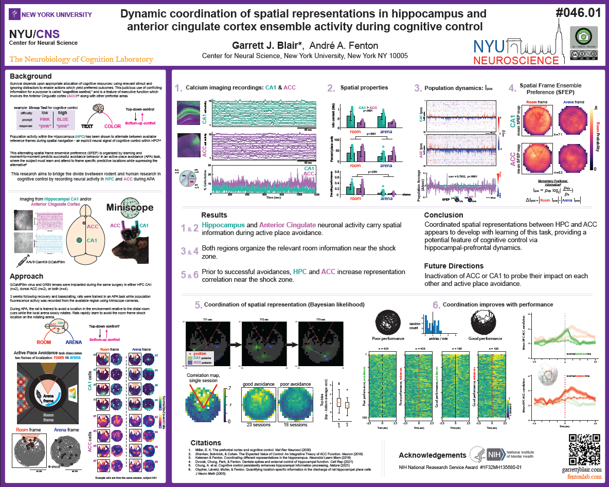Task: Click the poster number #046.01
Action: (x=577, y=13)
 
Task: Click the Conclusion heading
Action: (x=443, y=215)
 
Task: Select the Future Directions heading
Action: (x=454, y=266)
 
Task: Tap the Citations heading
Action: (x=206, y=443)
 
